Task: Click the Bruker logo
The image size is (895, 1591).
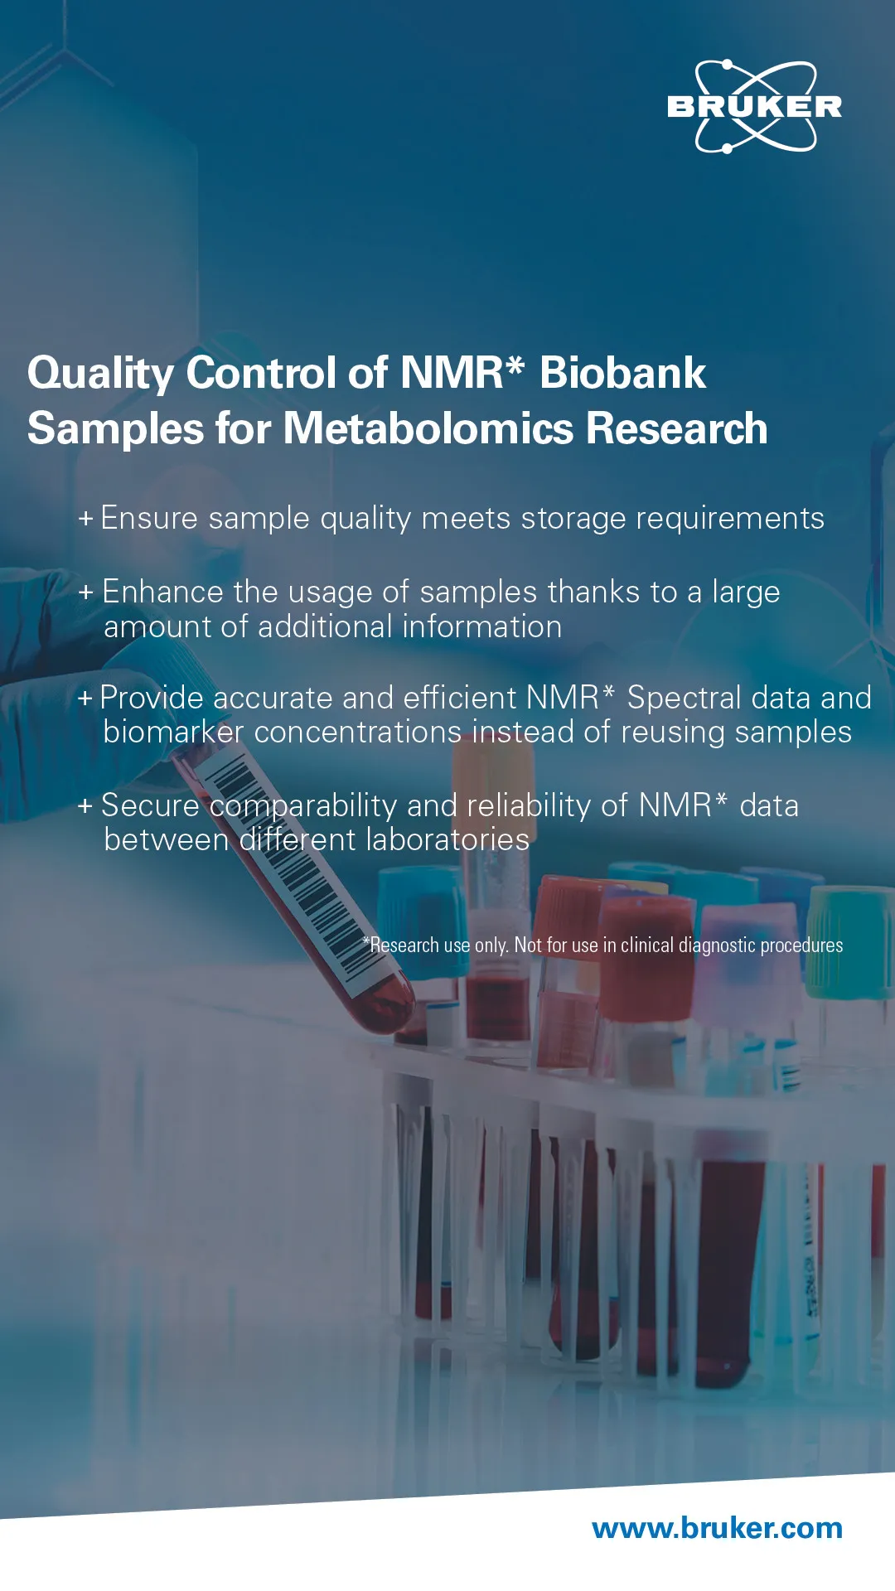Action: [x=754, y=107]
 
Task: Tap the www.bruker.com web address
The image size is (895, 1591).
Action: [x=718, y=1527]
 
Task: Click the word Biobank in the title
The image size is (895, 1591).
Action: [x=622, y=373]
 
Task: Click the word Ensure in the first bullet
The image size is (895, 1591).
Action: [x=149, y=518]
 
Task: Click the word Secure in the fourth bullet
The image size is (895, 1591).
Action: [x=150, y=805]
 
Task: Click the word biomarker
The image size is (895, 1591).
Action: [x=173, y=733]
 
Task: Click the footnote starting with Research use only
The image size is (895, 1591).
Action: [x=602, y=945]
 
